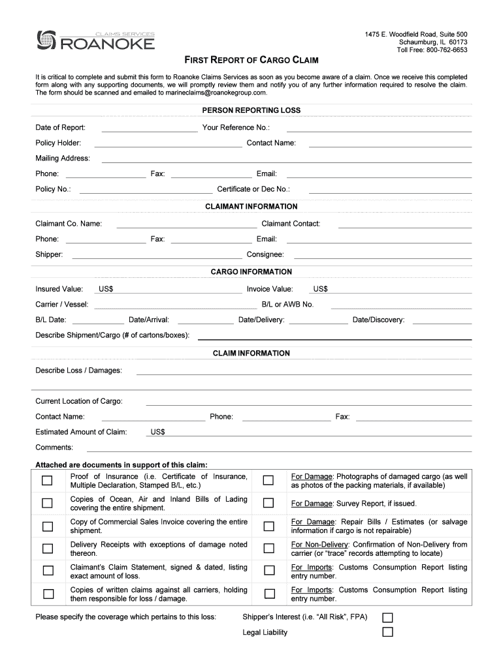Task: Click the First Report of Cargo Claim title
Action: click(x=251, y=61)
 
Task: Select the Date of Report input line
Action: click(x=150, y=128)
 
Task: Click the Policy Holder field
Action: click(x=168, y=144)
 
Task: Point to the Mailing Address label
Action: click(x=63, y=159)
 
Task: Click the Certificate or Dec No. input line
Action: click(x=389, y=190)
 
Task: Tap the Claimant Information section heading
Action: click(x=251, y=207)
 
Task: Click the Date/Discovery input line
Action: click(x=442, y=320)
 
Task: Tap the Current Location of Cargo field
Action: click(x=308, y=402)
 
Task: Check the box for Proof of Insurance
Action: click(x=48, y=481)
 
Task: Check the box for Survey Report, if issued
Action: click(x=268, y=503)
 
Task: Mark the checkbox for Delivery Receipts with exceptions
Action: click(x=48, y=549)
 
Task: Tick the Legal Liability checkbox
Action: click(x=387, y=632)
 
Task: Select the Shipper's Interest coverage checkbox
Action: click(x=387, y=617)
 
